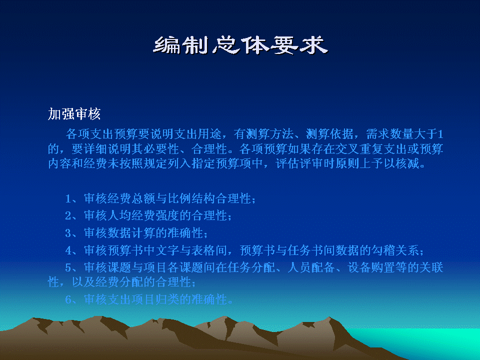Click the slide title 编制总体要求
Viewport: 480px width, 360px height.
240,45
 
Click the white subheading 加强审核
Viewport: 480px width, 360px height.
74,114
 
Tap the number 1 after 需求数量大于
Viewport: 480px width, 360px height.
440,134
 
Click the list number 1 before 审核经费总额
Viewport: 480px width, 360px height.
68,199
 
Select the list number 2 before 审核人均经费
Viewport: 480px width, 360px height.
68,216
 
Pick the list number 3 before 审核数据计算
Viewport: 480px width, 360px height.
68,233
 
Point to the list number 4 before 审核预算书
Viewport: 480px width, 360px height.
68,250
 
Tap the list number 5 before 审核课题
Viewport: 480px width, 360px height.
68,268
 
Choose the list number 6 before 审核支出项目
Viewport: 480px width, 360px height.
68,299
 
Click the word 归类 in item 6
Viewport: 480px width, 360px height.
168,299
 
